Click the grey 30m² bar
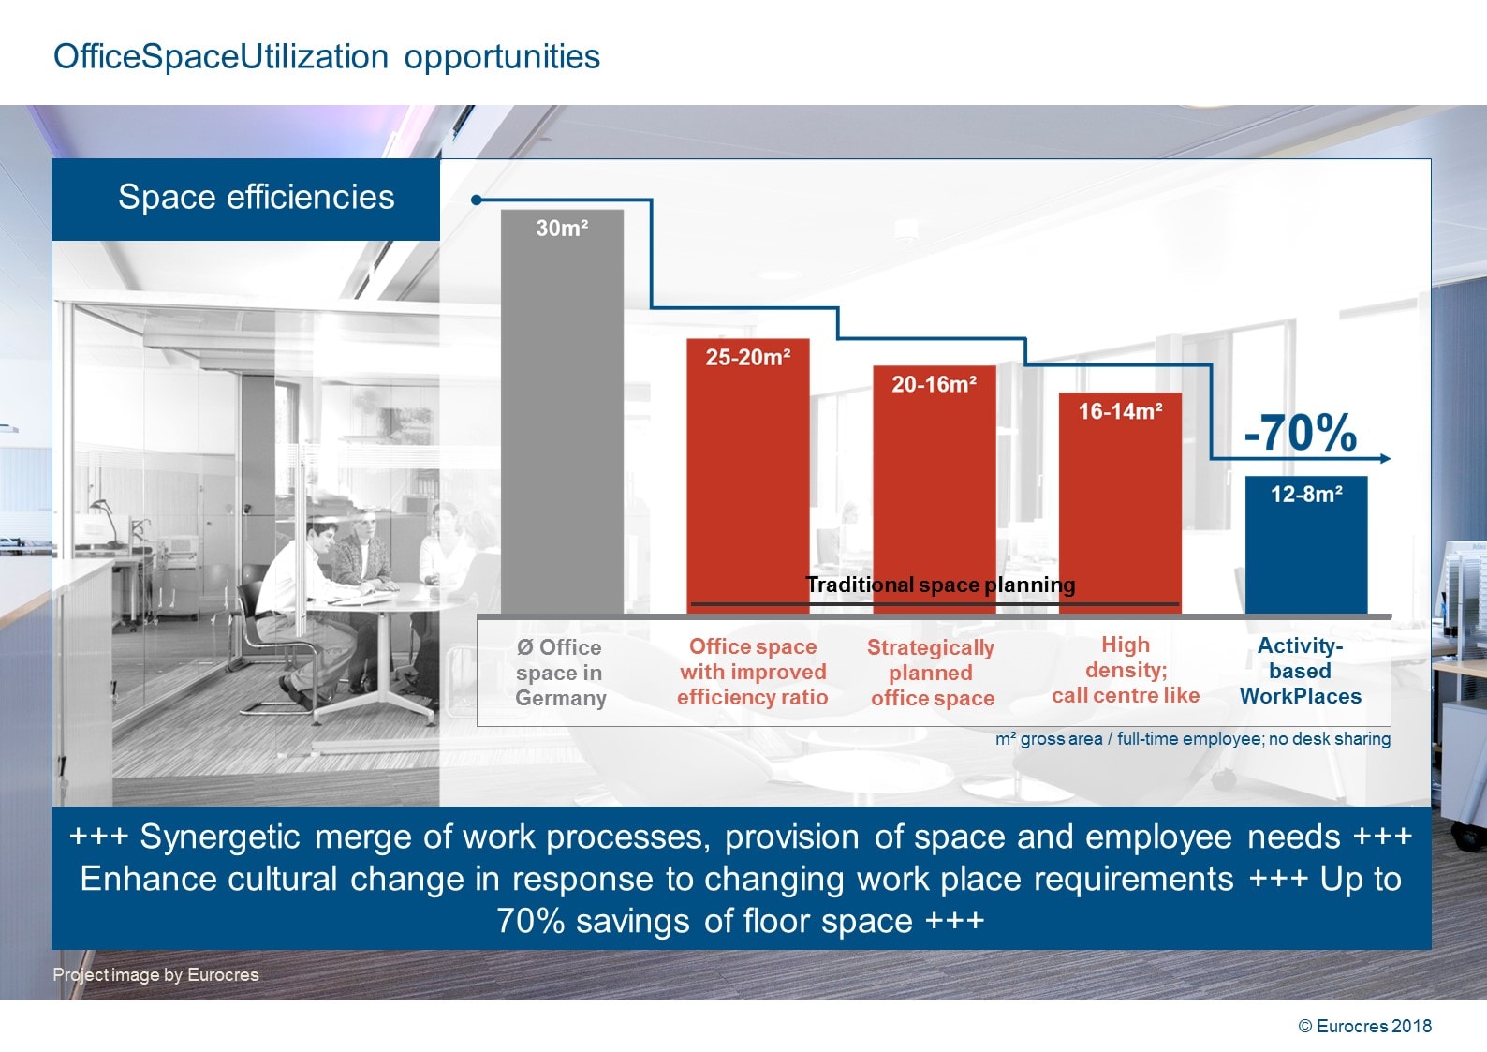[562, 412]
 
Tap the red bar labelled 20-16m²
[934, 487]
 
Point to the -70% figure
[1300, 433]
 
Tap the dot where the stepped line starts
[477, 200]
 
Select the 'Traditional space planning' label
[940, 585]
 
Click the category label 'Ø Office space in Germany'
[560, 673]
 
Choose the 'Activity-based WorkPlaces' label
[1300, 671]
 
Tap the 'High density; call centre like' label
[1125, 670]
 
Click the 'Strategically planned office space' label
[932, 673]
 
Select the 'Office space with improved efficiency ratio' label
[752, 672]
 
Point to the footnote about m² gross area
[1192, 739]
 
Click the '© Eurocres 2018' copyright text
[1364, 1026]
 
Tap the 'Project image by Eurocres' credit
[155, 974]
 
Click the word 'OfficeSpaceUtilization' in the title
[220, 57]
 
